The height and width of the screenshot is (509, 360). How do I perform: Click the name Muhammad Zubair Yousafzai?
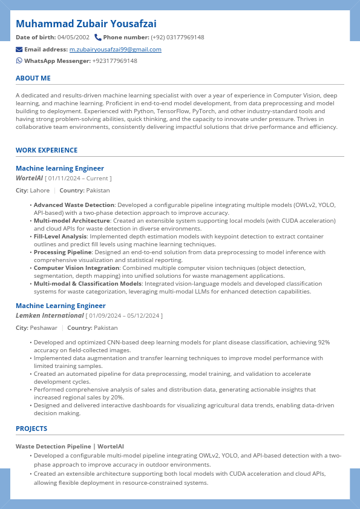(x=86, y=24)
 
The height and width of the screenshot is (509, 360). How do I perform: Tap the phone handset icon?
(x=98, y=38)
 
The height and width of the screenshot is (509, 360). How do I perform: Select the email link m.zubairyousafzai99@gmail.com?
(x=115, y=49)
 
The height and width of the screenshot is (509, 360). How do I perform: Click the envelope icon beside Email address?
(x=19, y=49)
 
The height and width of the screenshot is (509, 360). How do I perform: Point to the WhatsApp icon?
(x=19, y=61)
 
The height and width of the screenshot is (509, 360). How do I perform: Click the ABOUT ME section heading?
(x=33, y=78)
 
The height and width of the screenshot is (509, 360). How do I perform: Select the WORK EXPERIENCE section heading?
(x=47, y=150)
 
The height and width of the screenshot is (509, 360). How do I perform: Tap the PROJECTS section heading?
(x=31, y=429)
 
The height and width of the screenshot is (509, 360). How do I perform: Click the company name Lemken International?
(x=50, y=315)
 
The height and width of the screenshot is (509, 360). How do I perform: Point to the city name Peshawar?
(x=44, y=328)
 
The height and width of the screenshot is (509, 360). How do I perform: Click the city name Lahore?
(x=40, y=191)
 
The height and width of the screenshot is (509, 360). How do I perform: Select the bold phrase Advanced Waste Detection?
(x=74, y=205)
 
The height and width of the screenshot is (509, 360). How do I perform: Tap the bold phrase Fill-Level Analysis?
(x=60, y=237)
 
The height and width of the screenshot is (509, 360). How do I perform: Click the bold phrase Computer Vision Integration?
(x=76, y=268)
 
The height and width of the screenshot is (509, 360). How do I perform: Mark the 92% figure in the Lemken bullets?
(x=324, y=342)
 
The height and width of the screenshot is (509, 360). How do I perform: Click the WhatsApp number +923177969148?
(x=114, y=61)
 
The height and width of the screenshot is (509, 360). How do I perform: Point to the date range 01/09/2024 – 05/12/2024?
(x=125, y=316)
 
